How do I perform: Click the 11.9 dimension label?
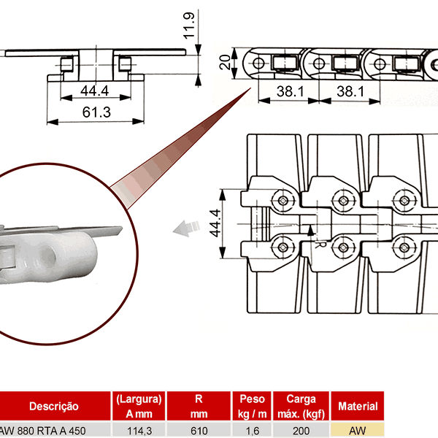188,26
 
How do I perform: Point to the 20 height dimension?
225,61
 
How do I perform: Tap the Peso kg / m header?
252,406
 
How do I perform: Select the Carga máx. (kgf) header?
301,406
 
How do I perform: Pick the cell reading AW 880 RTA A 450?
45,431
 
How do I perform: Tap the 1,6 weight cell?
252,431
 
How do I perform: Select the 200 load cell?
301,431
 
